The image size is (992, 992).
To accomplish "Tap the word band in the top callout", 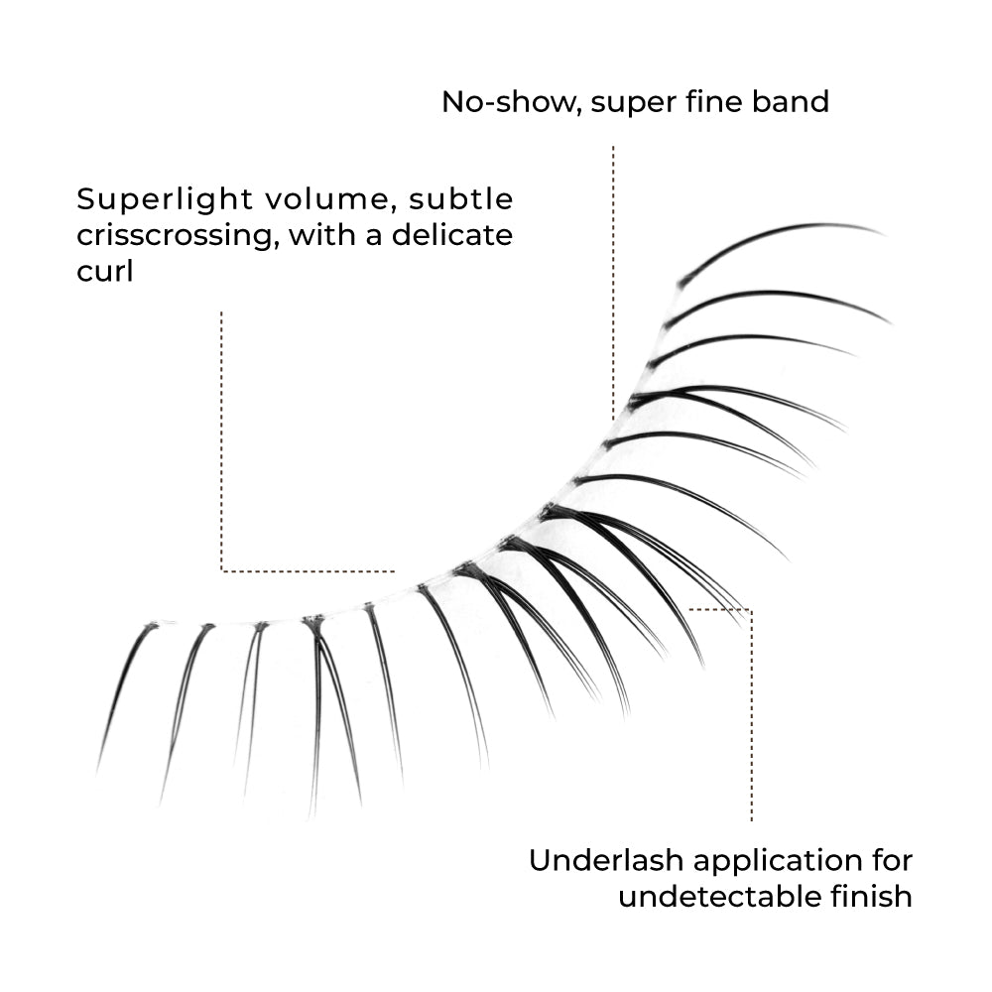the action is [791, 101].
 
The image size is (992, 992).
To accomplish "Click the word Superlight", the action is [165, 200].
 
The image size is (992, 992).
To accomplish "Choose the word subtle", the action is [460, 199].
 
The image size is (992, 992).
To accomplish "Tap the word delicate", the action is [451, 235].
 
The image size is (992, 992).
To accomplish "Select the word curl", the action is [105, 272].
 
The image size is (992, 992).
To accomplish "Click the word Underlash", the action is [606, 860].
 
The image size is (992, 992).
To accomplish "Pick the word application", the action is [778, 862].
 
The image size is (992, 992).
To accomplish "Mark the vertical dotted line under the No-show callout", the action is [613, 283].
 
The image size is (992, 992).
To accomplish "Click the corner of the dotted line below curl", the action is [221, 571].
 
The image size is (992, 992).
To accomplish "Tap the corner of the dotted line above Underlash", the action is [752, 610].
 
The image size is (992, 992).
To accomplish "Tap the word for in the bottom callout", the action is [893, 860].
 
